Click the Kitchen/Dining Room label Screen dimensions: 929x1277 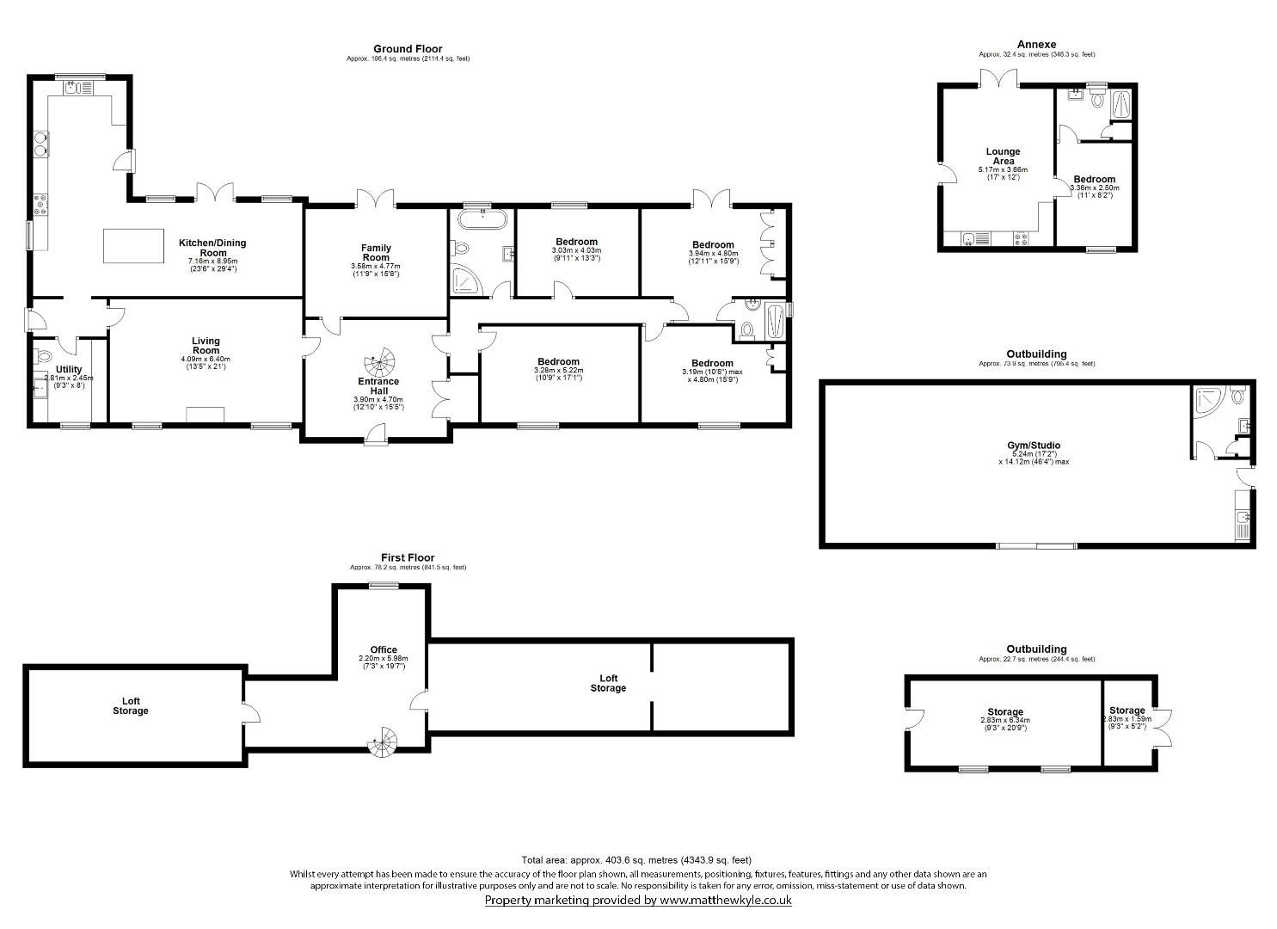212,248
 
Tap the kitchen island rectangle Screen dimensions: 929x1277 133,246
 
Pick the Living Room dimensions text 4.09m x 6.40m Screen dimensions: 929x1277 206,359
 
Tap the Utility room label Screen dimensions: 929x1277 69,369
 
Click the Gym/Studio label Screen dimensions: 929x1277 1028,446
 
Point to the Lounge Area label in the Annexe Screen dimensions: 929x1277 1003,157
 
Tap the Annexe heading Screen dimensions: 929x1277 1036,45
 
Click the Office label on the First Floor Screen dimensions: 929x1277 384,650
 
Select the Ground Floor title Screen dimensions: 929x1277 408,49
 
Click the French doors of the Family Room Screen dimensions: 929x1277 376,197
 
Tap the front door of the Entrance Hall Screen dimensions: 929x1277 375,436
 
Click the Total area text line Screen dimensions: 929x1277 636,859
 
